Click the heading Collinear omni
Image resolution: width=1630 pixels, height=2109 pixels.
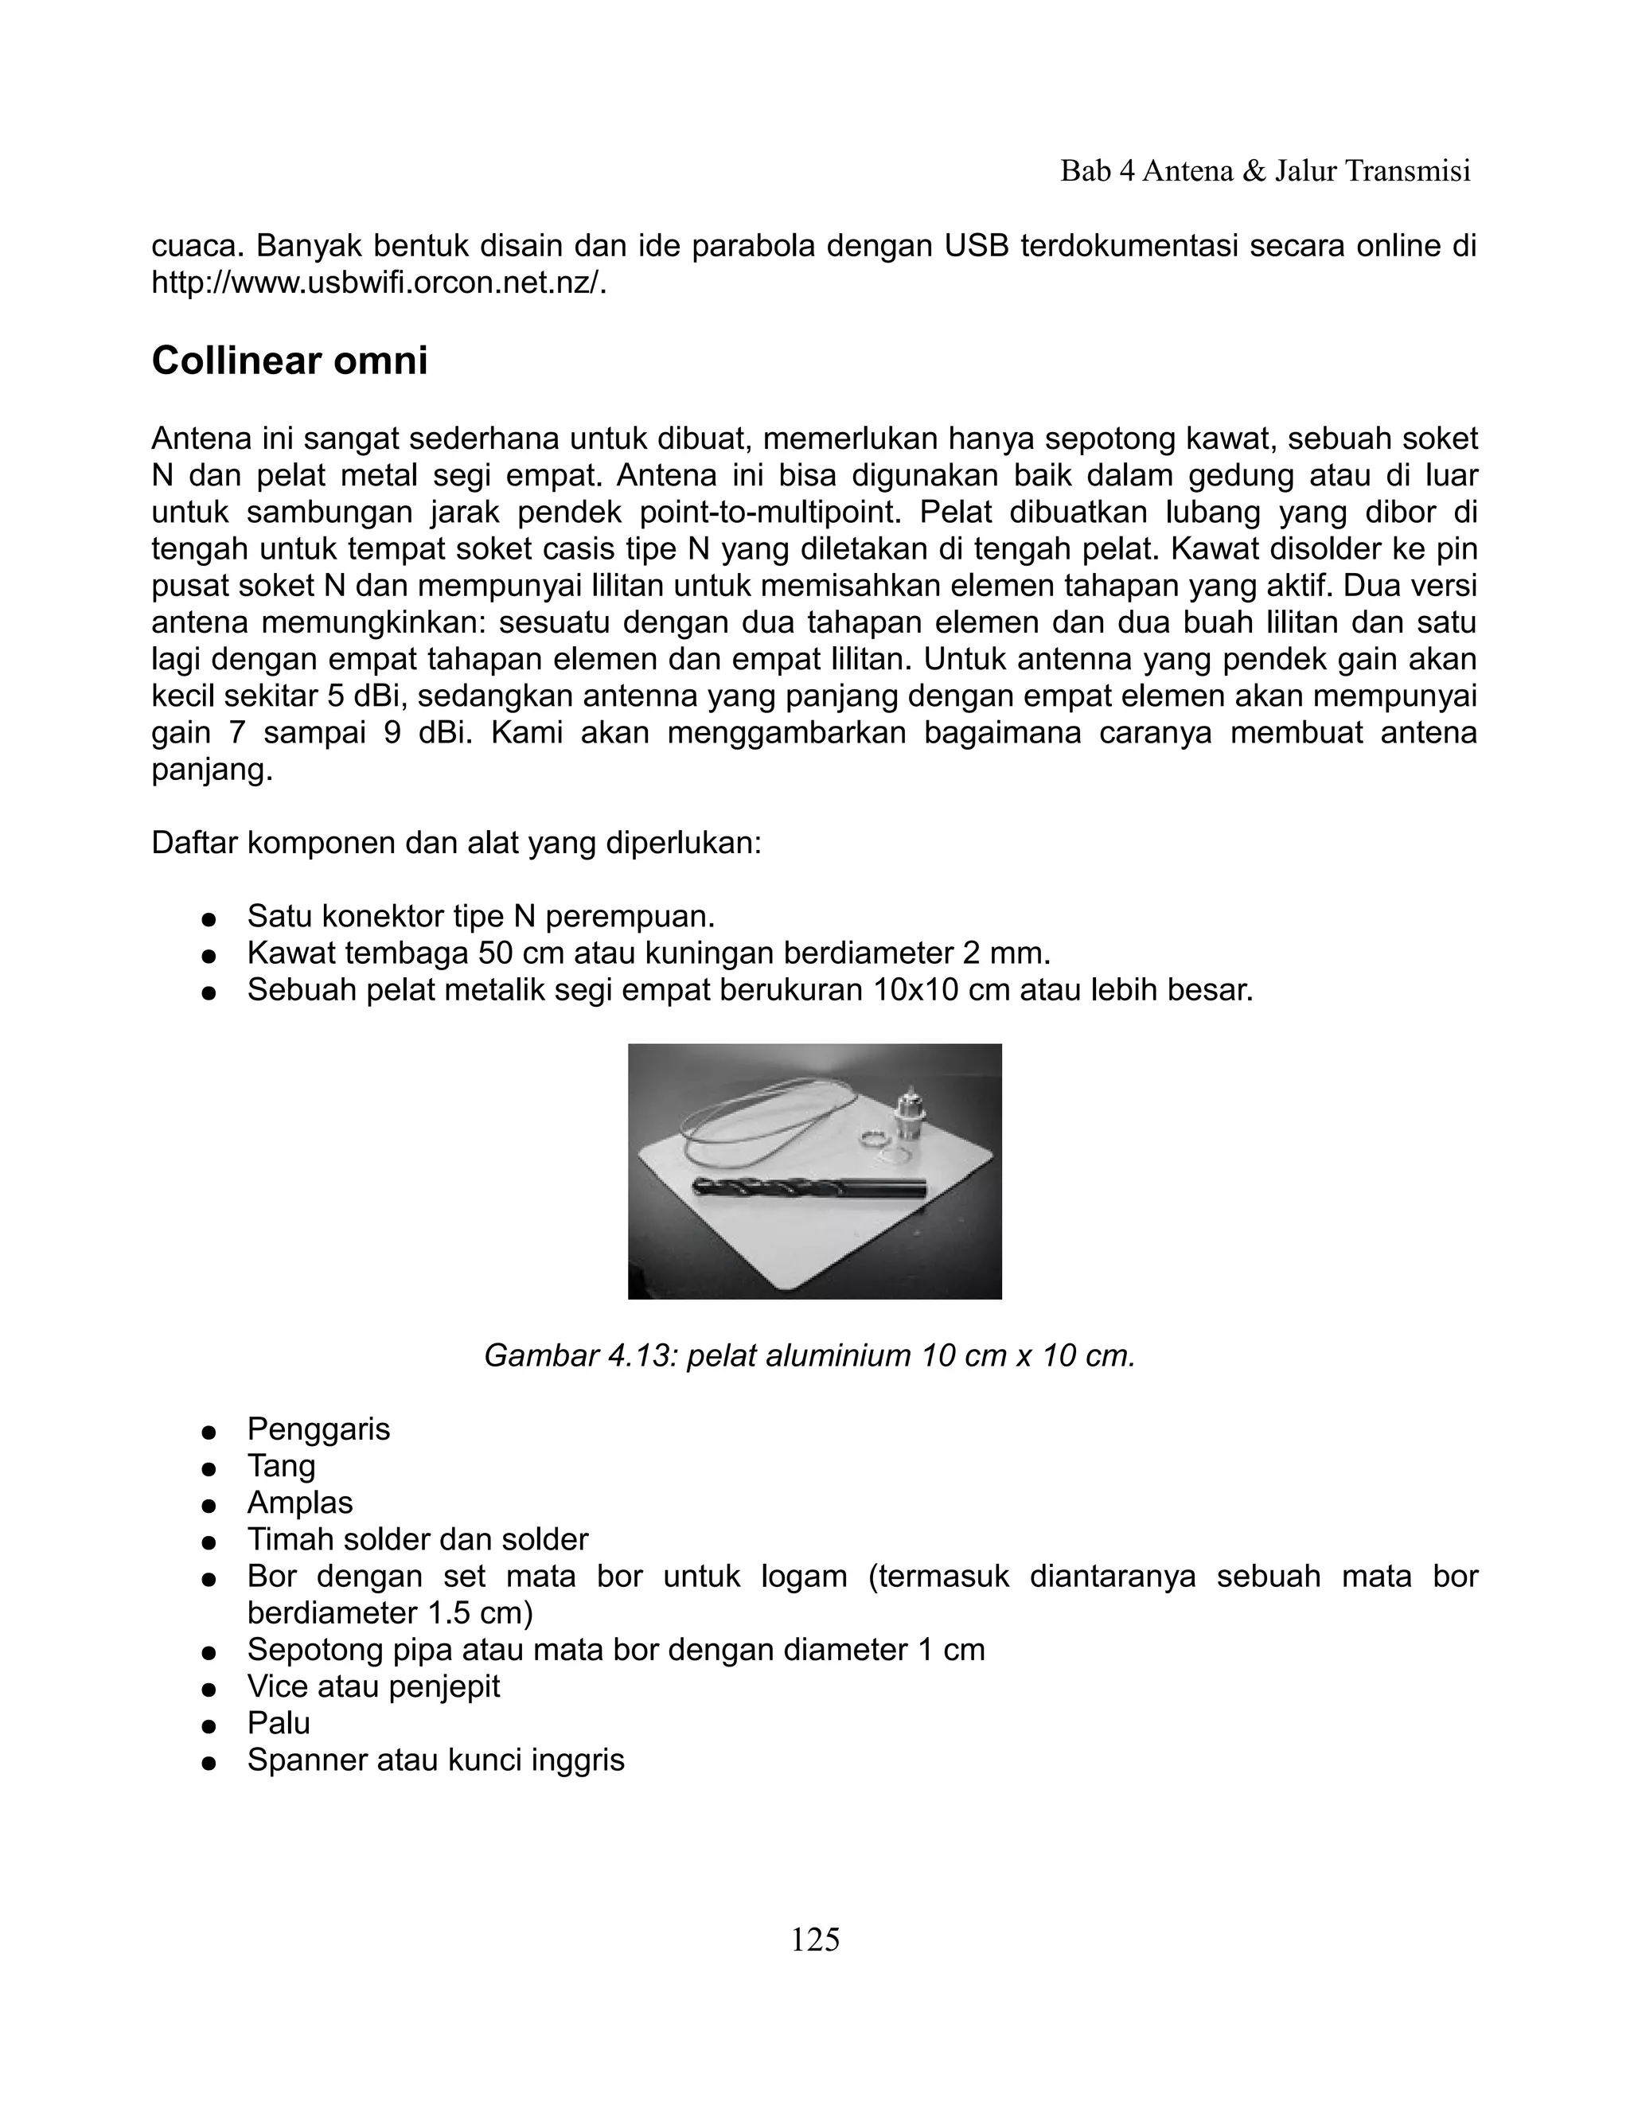290,361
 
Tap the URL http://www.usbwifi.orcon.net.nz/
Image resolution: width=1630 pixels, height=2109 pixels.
380,284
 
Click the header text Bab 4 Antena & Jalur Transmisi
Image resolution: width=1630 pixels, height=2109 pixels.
1265,171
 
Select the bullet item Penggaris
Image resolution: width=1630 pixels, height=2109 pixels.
318,1429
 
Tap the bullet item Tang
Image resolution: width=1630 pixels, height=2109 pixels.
281,1466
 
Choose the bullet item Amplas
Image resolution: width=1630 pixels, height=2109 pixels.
300,1503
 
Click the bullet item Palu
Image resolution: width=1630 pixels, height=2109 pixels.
279,1723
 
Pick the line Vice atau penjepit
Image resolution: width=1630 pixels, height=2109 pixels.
374,1686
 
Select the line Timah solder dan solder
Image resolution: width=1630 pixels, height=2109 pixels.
417,1539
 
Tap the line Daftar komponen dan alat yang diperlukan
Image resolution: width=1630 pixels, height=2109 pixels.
457,843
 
